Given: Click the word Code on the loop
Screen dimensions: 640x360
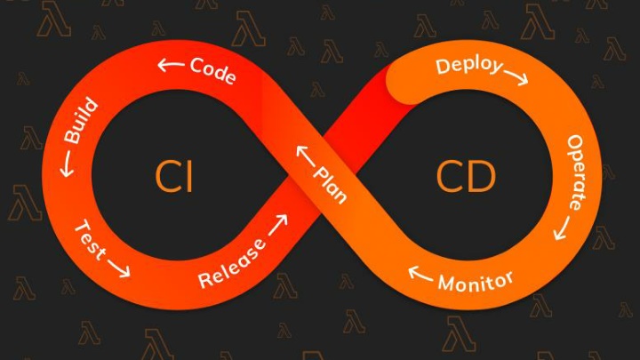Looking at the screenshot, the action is coord(212,70).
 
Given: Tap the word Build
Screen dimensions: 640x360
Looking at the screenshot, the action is coord(81,120).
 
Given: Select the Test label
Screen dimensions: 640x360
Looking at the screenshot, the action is coord(90,240).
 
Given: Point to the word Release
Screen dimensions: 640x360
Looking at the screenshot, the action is coord(231,263).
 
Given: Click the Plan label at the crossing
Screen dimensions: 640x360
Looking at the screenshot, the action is coord(330,185).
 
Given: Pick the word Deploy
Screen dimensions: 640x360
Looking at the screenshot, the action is coord(469,66).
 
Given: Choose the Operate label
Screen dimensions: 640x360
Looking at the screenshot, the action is coord(576,172).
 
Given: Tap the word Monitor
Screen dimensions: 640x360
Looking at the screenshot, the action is coord(476,281).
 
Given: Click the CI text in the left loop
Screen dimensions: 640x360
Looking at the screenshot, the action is coord(173,176).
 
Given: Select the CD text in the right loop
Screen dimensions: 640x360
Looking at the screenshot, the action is coord(466,176).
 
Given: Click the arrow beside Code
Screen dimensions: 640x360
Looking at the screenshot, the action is coord(171,65).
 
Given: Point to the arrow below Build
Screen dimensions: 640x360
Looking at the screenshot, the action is coord(67,164).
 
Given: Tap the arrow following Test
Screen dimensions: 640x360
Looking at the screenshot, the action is coord(119,268).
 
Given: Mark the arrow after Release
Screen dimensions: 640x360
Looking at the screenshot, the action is coord(278,225).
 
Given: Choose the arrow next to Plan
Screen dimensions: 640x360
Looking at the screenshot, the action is coord(305,156).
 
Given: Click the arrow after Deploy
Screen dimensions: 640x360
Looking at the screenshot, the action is coord(516,77).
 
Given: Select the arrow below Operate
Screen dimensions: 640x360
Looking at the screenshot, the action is coord(562,228).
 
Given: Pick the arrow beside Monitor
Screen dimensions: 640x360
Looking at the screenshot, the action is coord(420,274).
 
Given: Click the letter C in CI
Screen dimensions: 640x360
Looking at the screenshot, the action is coord(166,176).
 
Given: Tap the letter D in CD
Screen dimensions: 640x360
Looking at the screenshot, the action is coord(482,176).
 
